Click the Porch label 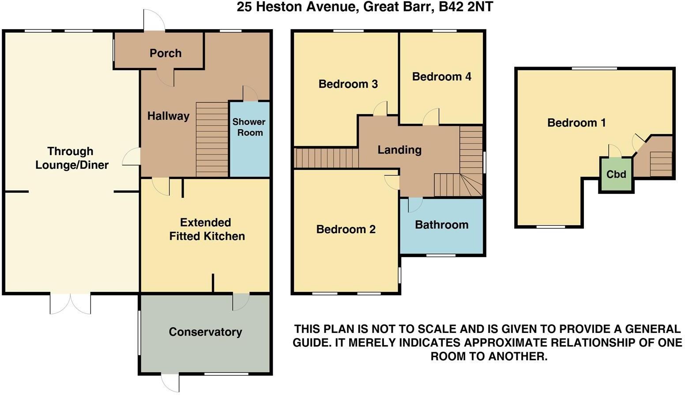pyautogui.click(x=166, y=53)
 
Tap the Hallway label pyautogui.click(x=168, y=116)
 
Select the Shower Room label pyautogui.click(x=249, y=127)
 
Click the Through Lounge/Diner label pyautogui.click(x=71, y=158)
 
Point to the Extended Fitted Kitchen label pyautogui.click(x=207, y=229)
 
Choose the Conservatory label pyautogui.click(x=205, y=332)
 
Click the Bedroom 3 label pyautogui.click(x=348, y=84)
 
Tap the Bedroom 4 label pyautogui.click(x=441, y=77)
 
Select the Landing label pyautogui.click(x=399, y=150)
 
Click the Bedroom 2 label pyautogui.click(x=346, y=229)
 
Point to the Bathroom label pyautogui.click(x=441, y=225)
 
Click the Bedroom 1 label pyautogui.click(x=576, y=123)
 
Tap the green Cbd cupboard pyautogui.click(x=616, y=174)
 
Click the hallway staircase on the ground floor pyautogui.click(x=212, y=139)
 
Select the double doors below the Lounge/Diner pyautogui.click(x=70, y=303)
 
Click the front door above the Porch pyautogui.click(x=154, y=21)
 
